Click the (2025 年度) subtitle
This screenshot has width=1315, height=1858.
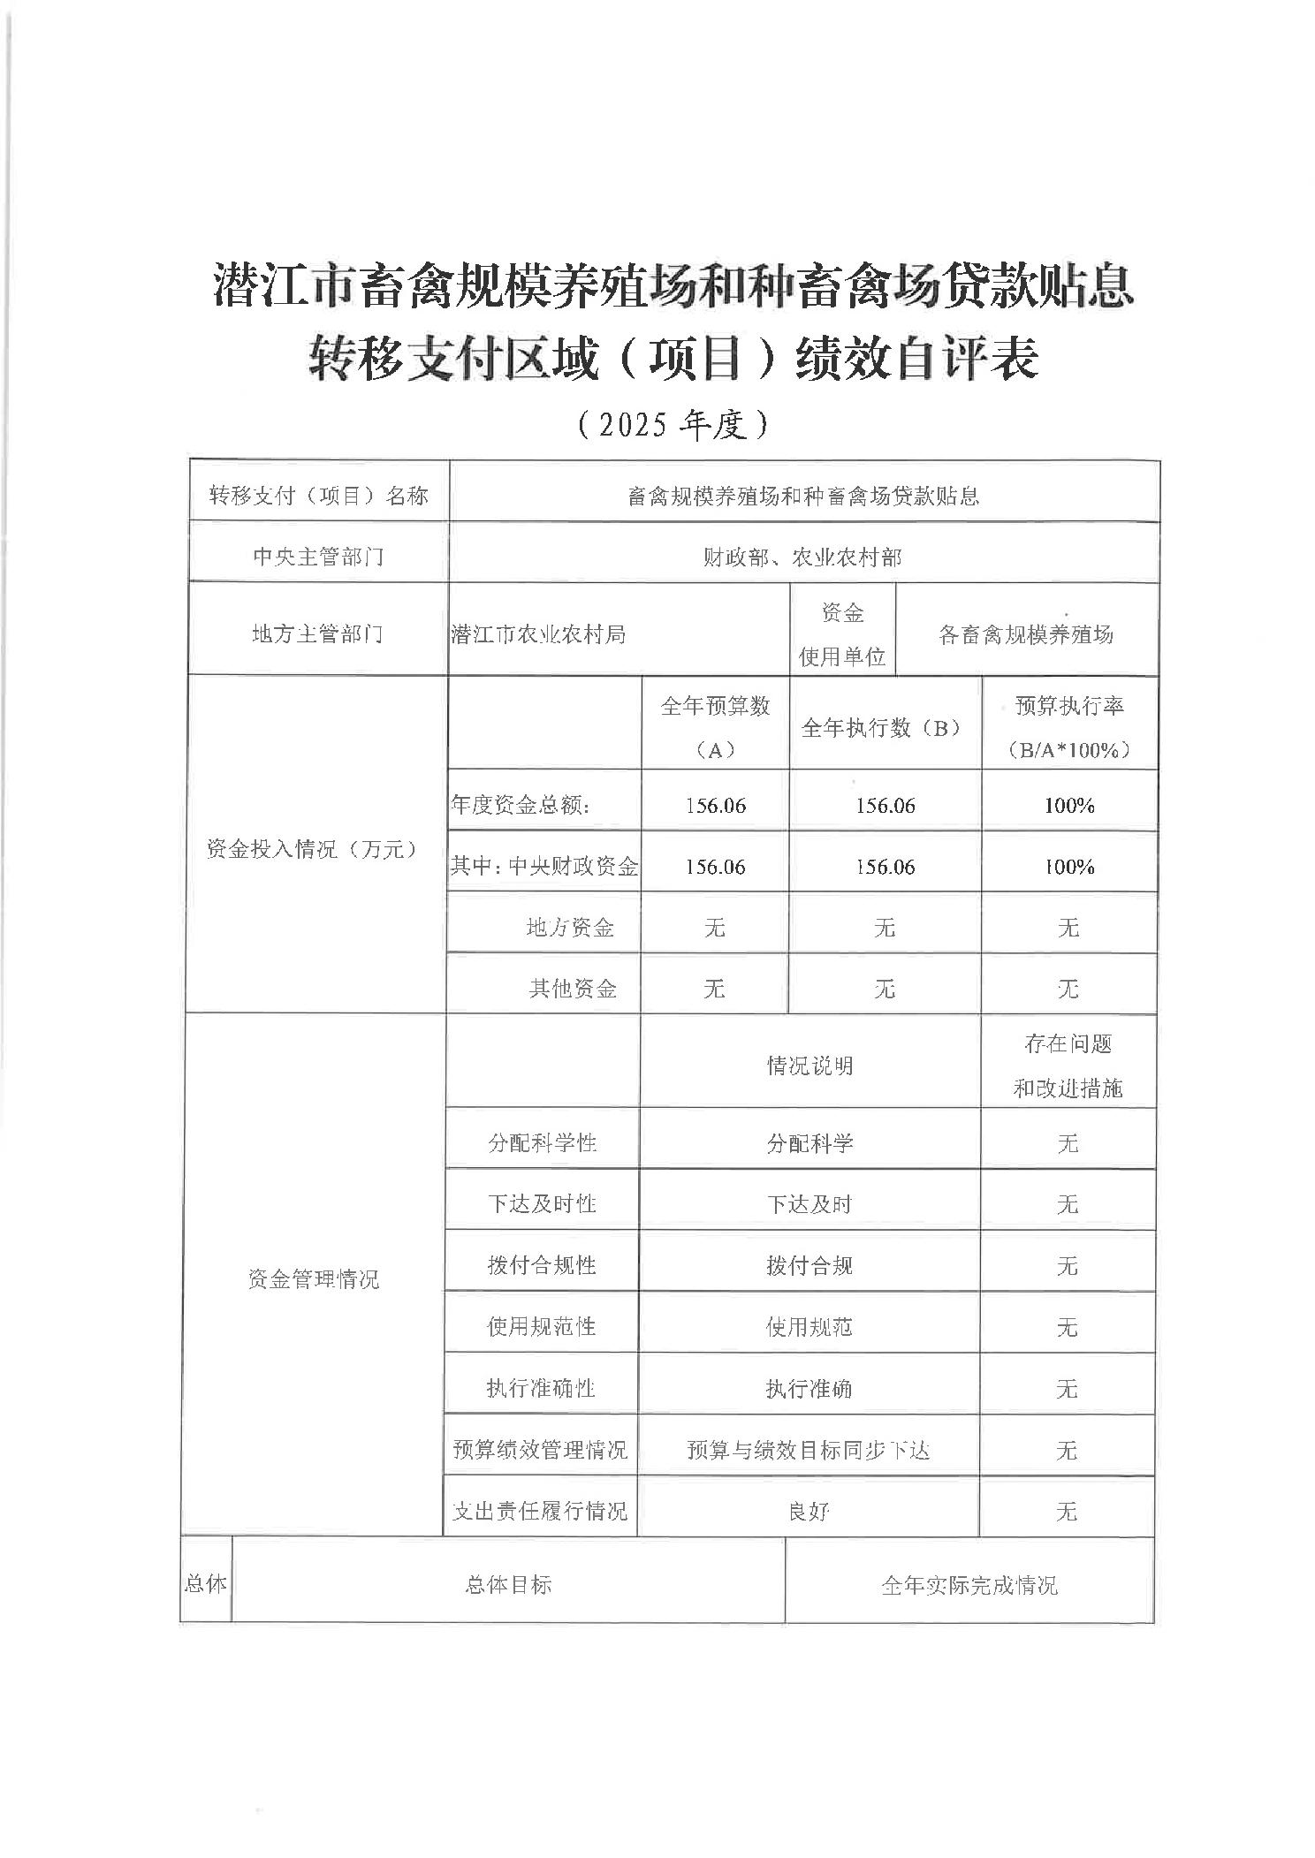[x=673, y=426]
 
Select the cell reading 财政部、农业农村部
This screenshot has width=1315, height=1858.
[x=802, y=557]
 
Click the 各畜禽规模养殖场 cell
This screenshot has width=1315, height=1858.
[x=1025, y=633]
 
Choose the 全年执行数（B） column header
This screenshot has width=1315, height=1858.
[x=884, y=727]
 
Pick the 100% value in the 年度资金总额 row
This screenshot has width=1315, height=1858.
[x=1069, y=805]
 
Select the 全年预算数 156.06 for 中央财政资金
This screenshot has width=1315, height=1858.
[x=715, y=866]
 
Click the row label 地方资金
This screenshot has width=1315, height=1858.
[x=570, y=927]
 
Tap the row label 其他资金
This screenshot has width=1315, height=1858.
[x=572, y=988]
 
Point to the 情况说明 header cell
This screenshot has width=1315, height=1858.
[x=810, y=1066]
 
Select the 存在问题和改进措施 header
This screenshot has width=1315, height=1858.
[x=1068, y=1066]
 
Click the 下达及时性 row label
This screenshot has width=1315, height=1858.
[x=542, y=1203]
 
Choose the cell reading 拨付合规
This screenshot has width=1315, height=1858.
[x=809, y=1265]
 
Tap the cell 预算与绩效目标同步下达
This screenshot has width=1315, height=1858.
[x=809, y=1450]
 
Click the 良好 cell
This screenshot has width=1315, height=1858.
[x=809, y=1511]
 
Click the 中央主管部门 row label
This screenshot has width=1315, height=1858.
[x=318, y=557]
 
